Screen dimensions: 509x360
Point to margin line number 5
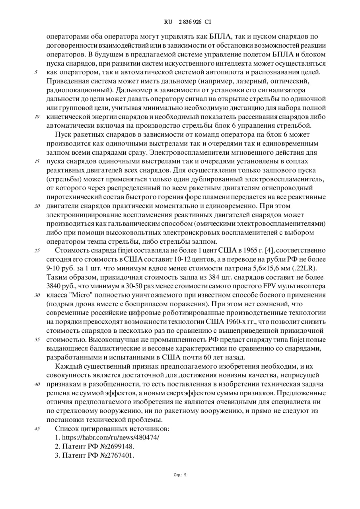point(36,72)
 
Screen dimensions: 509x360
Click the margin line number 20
point(37,206)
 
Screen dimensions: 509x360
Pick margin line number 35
point(37,340)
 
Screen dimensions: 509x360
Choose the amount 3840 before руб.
point(55,286)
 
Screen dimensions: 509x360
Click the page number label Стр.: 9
point(180,475)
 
